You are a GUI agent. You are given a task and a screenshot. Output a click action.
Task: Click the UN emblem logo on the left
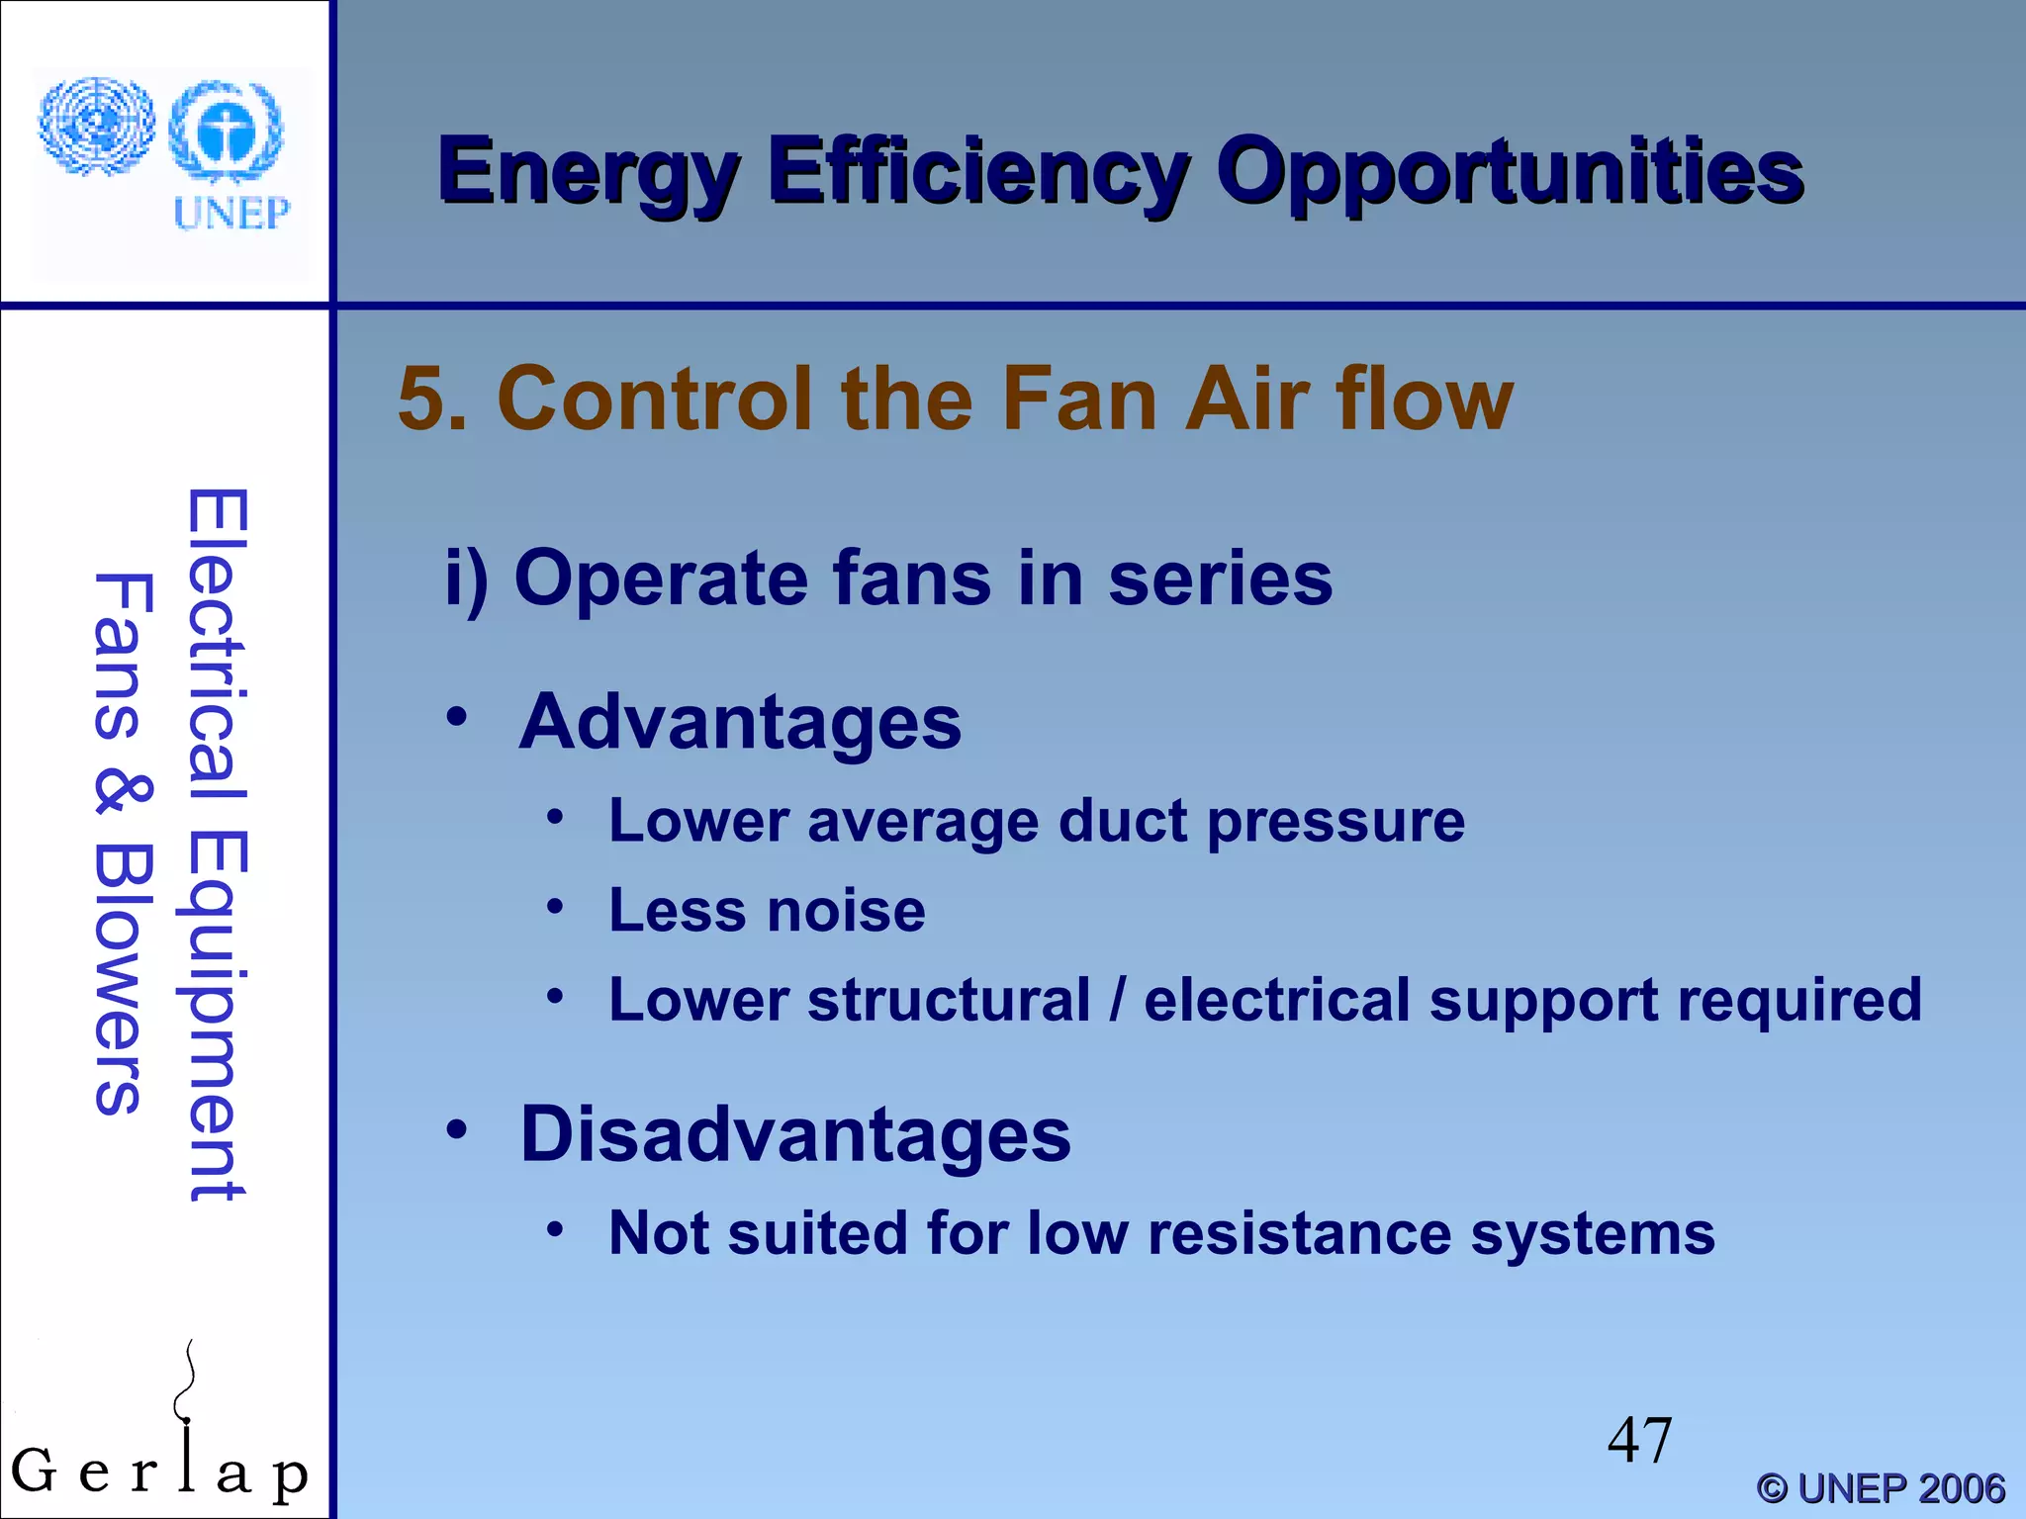97,126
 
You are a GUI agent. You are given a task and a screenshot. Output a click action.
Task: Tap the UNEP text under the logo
231,214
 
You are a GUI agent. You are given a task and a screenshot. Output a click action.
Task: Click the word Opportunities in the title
1510,172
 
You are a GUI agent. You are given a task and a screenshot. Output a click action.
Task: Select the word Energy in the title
590,172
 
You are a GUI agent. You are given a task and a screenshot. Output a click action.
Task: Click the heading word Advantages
740,722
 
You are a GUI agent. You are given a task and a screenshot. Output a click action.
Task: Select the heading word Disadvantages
795,1134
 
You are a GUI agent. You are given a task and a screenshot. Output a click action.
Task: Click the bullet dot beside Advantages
456,717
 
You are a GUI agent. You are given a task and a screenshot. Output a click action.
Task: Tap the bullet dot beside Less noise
556,906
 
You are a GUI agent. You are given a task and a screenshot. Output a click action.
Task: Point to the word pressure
1335,823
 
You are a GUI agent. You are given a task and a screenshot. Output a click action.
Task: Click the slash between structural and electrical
1117,1000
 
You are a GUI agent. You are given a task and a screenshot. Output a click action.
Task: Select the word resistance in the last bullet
1299,1234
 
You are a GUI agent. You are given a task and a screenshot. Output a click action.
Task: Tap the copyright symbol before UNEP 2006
1772,1488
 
